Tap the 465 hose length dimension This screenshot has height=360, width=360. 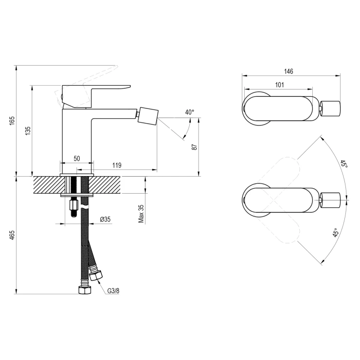(12, 236)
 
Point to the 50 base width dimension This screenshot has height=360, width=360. (76, 159)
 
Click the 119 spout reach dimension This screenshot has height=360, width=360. (117, 165)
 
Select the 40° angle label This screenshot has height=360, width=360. (190, 112)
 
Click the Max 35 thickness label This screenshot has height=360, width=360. (141, 213)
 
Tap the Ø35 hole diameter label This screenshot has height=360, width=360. (106, 219)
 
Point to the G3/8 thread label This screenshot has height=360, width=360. (113, 291)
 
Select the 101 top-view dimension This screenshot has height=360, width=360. (280, 85)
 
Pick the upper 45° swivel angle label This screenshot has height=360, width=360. (343, 164)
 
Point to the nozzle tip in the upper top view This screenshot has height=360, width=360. (331, 108)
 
